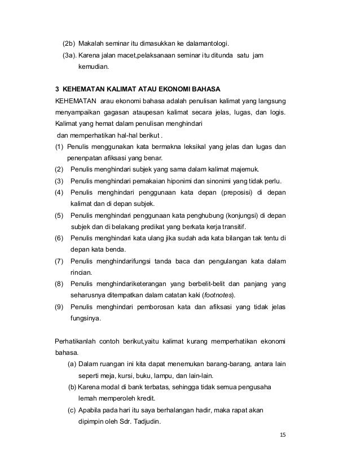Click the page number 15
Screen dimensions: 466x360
coord(283,436)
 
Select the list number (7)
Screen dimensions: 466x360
coord(59,261)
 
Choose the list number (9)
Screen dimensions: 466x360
coord(59,307)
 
